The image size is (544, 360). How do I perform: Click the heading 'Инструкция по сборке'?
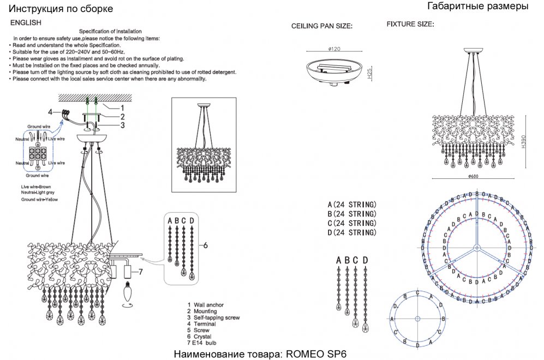[x=62, y=9]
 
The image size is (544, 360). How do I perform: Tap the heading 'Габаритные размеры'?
[x=477, y=7]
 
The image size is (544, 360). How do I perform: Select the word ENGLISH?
[x=26, y=23]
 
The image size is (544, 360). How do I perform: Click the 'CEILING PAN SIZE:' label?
[x=322, y=26]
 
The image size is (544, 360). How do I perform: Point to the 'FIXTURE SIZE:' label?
[x=410, y=25]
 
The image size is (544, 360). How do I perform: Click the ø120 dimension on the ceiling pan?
[x=334, y=49]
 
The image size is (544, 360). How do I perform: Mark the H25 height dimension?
[x=370, y=75]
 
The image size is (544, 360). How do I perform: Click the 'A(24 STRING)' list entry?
[x=352, y=205]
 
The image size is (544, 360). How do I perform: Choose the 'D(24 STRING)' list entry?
[x=352, y=233]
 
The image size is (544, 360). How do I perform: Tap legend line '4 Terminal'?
[x=201, y=324]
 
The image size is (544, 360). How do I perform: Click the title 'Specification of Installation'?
[x=111, y=32]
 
